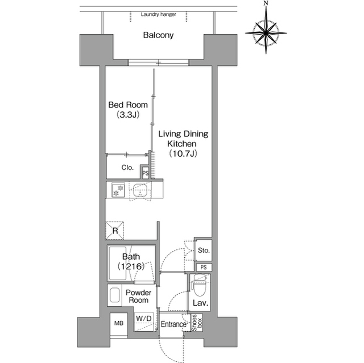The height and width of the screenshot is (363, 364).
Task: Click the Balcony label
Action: (158, 35)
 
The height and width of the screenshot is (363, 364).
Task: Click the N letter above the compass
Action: (266, 5)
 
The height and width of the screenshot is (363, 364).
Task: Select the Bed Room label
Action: (128, 105)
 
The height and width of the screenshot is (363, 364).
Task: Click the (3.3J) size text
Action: (128, 115)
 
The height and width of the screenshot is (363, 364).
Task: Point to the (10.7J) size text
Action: (183, 154)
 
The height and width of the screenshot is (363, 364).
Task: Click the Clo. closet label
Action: (127, 168)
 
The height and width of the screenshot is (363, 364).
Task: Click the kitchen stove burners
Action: (118, 190)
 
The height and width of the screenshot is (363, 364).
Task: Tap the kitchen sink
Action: (140, 191)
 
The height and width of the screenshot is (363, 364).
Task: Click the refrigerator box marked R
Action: (114, 230)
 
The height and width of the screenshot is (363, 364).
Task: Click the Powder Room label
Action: (138, 296)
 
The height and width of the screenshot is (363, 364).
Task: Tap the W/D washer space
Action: (143, 318)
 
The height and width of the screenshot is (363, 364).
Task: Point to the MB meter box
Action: (119, 323)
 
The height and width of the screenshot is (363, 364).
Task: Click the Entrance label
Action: (173, 325)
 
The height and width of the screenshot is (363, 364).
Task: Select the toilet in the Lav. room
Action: (200, 282)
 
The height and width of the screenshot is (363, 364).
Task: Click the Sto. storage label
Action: (203, 250)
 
